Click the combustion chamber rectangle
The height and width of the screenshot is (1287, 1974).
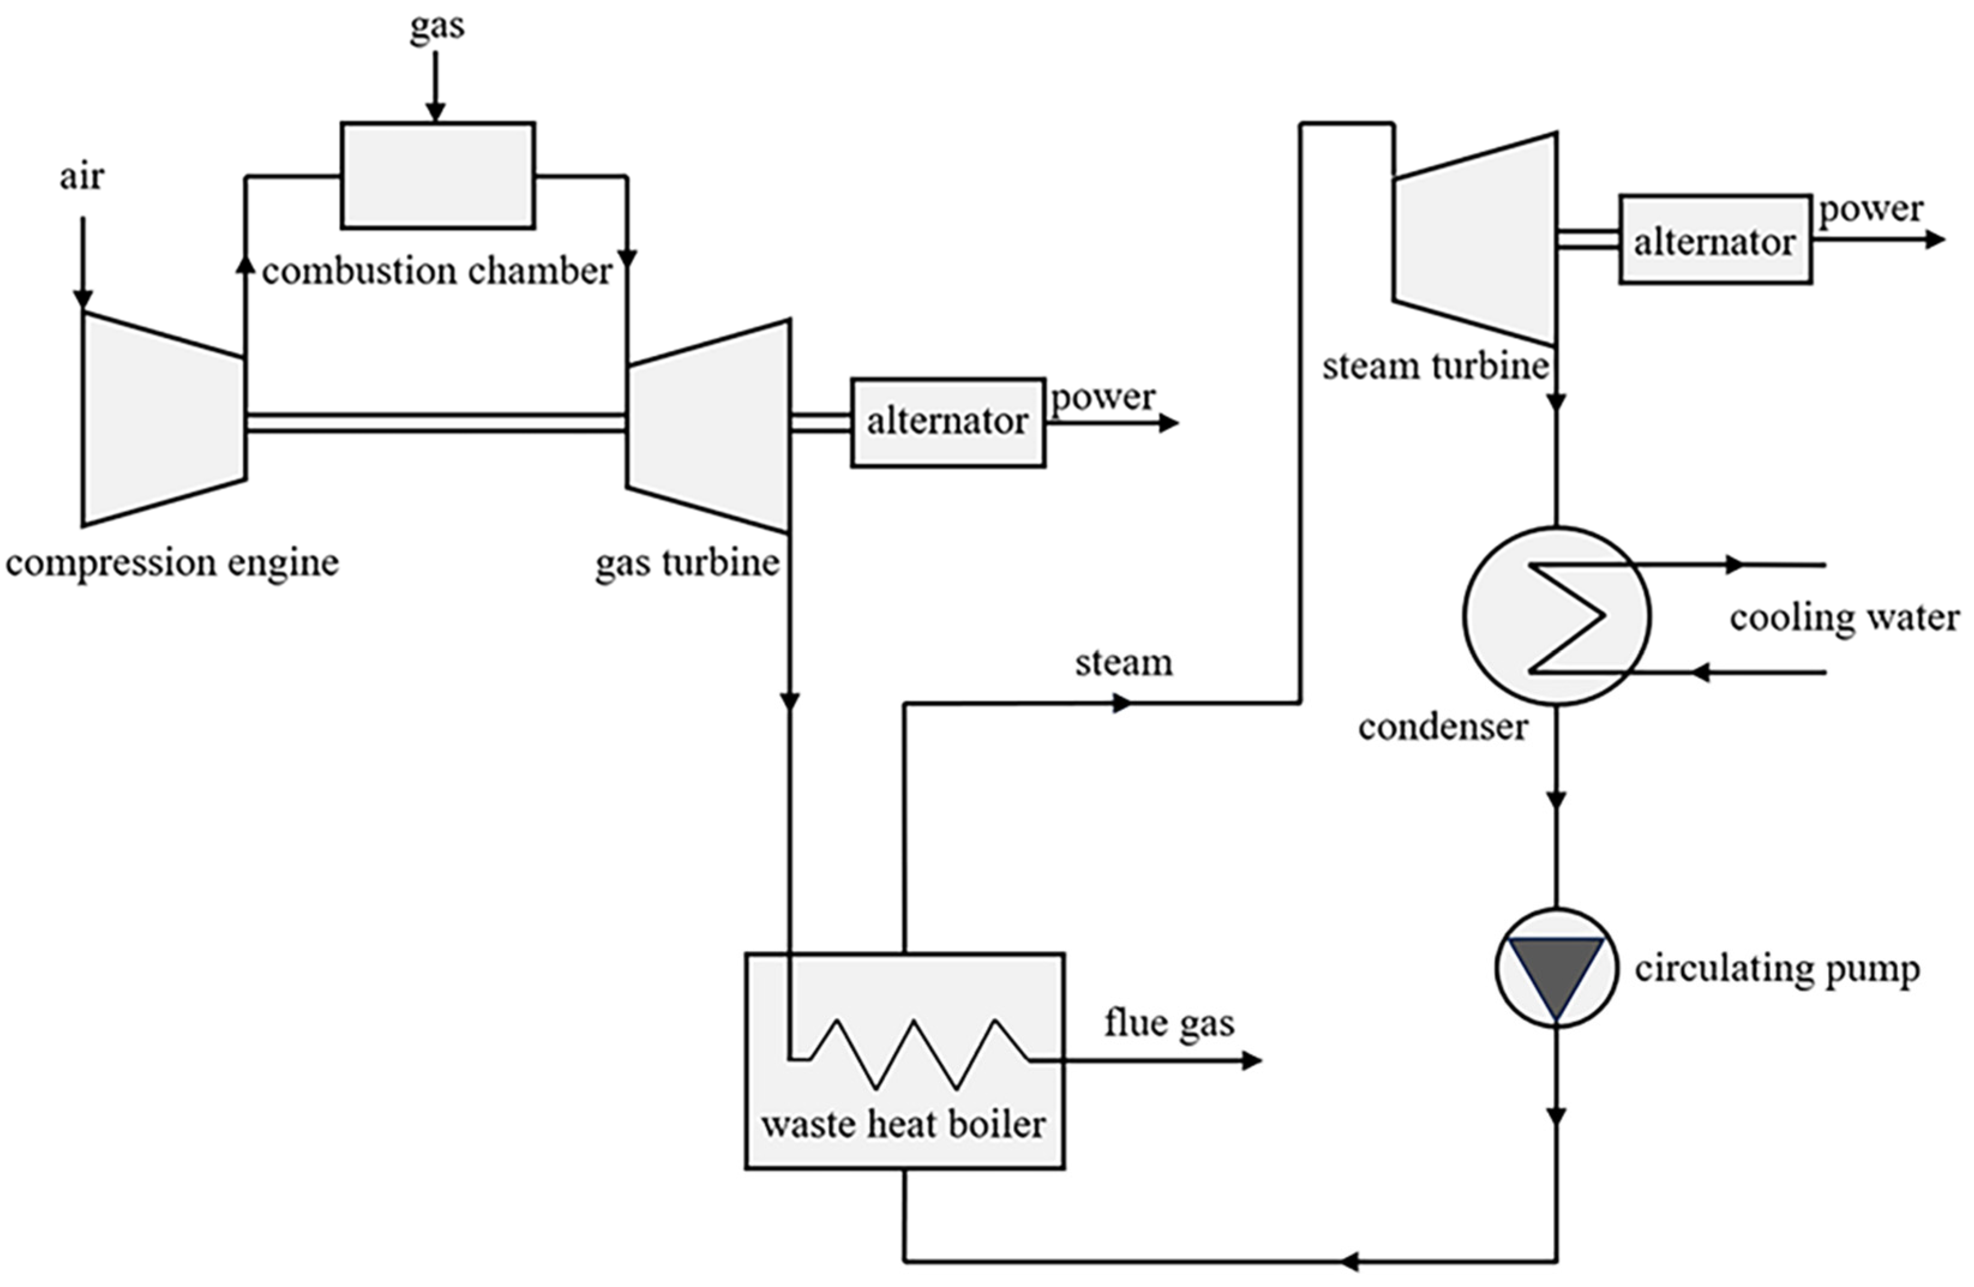pos(437,175)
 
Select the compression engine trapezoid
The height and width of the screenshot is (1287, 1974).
pos(163,419)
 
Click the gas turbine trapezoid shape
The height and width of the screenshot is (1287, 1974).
pos(708,425)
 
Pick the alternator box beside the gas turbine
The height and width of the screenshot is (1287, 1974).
pos(947,423)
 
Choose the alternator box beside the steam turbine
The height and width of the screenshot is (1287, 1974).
pos(1714,240)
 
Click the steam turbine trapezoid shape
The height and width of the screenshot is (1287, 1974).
pos(1475,239)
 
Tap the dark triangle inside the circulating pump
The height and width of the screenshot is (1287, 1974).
pos(1556,970)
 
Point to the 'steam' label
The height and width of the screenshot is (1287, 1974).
pos(1124,663)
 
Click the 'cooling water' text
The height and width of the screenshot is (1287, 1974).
pos(1844,618)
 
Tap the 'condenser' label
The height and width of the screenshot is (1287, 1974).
pos(1443,727)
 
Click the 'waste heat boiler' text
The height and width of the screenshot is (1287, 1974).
pos(903,1124)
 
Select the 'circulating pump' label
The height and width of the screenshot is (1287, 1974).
pos(1777,969)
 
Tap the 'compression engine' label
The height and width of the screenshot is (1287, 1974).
pos(172,563)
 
